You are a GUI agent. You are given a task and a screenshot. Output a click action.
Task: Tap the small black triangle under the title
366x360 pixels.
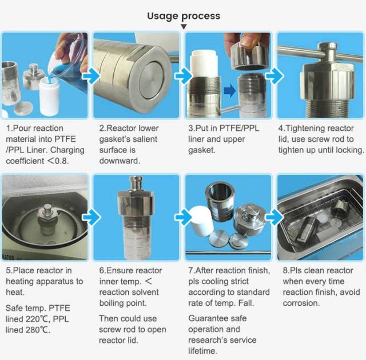[x=184, y=27]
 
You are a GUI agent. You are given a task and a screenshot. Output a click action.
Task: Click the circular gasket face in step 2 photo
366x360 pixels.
[x=152, y=80]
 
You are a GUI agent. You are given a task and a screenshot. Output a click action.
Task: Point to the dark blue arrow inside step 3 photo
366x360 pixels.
[x=230, y=90]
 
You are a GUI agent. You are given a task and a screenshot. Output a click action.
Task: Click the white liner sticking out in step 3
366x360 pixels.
[x=204, y=63]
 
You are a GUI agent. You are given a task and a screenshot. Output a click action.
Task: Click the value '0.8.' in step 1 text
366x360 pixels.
[x=62, y=161]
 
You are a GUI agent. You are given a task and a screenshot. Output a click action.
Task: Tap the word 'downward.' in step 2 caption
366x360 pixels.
[x=120, y=161]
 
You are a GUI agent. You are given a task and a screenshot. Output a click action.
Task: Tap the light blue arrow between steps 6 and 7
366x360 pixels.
[x=184, y=217]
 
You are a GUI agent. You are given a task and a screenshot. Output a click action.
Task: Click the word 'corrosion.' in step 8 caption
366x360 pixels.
[x=301, y=303]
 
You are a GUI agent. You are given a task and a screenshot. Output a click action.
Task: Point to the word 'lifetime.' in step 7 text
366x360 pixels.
[x=202, y=351]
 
